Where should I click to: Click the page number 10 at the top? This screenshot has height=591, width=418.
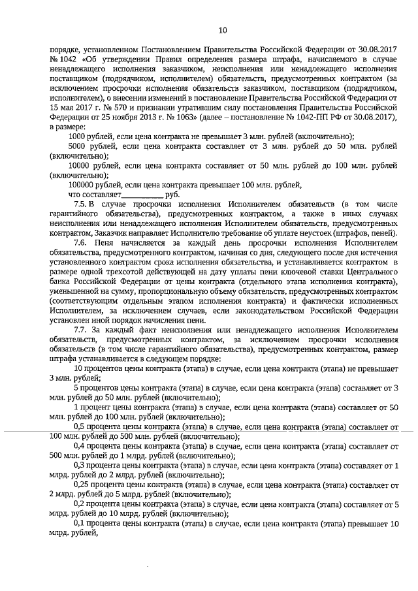pos(222,30)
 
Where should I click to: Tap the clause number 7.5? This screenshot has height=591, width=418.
pos(81,204)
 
